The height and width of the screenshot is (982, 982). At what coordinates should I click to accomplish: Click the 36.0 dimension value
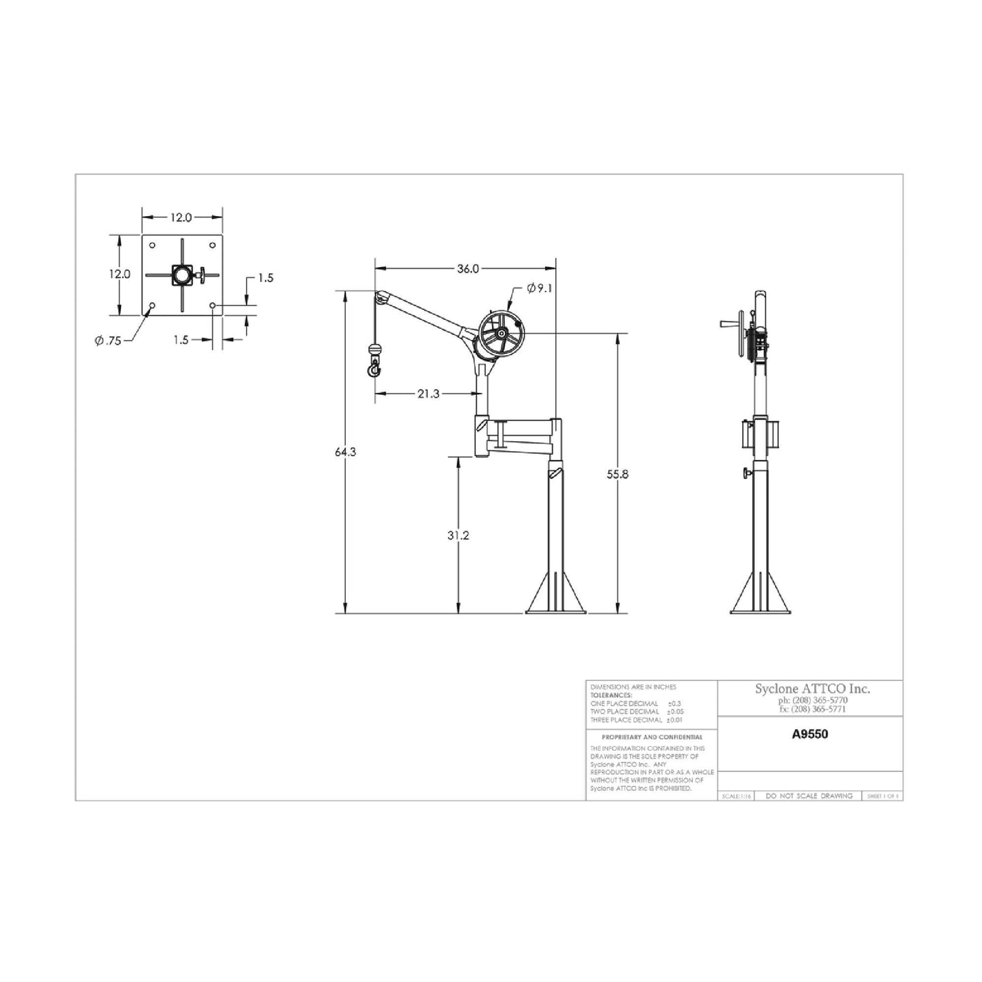[468, 268]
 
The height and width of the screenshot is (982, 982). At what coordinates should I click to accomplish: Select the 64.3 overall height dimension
[345, 452]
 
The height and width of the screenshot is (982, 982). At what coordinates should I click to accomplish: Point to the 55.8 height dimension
[617, 475]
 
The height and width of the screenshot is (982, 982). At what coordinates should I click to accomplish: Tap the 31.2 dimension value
[458, 536]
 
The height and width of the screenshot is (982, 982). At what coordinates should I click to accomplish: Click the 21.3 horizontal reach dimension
[428, 393]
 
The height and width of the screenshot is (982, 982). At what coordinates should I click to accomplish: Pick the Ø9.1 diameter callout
[540, 288]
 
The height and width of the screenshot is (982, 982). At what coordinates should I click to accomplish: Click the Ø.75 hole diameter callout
[108, 340]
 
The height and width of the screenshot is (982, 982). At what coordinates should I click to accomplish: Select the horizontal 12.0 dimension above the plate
[181, 217]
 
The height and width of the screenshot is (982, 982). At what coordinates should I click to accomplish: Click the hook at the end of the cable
[374, 369]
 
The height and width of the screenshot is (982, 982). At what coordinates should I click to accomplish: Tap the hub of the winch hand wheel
[501, 334]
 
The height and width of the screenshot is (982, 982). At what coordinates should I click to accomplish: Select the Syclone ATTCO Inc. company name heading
[812, 689]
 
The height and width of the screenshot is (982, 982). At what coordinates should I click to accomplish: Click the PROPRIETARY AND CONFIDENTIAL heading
[652, 737]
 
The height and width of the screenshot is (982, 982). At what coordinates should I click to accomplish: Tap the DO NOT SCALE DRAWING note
[809, 796]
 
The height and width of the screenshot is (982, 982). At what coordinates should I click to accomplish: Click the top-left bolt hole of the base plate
[152, 245]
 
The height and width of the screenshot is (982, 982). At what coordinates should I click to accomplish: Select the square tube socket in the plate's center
[182, 275]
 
